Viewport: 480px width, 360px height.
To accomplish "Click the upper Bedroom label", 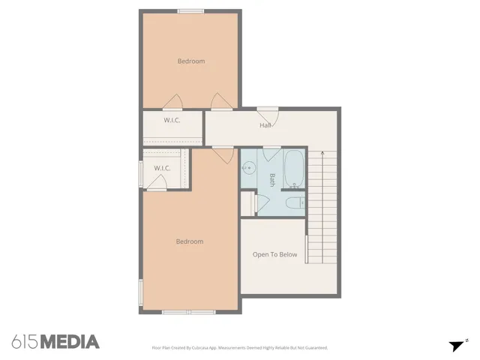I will (x=190, y=61).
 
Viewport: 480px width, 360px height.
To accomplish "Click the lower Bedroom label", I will (x=190, y=241).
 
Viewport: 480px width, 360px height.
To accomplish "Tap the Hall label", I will (x=265, y=125).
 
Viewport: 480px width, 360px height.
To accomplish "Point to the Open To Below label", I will (x=274, y=255).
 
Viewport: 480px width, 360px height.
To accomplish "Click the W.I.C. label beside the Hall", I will (x=172, y=120).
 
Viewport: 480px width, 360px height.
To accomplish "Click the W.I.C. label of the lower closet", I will (x=163, y=168).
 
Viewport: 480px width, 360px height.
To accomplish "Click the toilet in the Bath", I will (x=295, y=202).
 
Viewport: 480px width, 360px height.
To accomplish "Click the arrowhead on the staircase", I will (x=323, y=154).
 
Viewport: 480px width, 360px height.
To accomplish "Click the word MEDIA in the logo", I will (x=69, y=342).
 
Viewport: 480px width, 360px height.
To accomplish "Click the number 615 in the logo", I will (x=24, y=342).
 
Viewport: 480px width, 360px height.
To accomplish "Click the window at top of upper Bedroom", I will (x=190, y=10).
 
